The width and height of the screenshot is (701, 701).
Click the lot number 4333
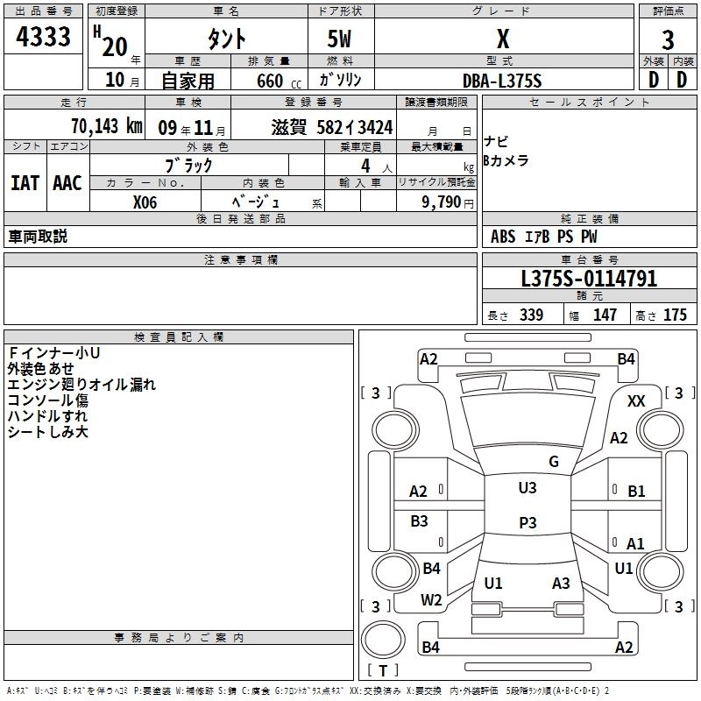(44, 37)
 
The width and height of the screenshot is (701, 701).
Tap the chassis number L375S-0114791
(589, 279)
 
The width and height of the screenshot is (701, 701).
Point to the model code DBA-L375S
(502, 81)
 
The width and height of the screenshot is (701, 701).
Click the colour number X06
(145, 202)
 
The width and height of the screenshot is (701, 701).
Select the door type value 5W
(341, 39)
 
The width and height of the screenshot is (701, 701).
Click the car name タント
(227, 39)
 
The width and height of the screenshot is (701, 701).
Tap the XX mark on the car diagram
(637, 400)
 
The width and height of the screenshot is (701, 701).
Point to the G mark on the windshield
(554, 462)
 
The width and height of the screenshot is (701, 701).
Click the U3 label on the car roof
(528, 488)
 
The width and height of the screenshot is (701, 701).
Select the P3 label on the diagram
(528, 523)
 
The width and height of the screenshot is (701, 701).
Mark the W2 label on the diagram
(431, 600)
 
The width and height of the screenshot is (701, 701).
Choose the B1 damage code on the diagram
(636, 492)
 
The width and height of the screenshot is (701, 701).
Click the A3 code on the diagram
(561, 584)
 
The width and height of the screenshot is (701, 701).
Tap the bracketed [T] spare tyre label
(383, 670)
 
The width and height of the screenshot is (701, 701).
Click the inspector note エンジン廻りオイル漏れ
(81, 385)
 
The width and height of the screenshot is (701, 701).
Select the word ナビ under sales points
(496, 142)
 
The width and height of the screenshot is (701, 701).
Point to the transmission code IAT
(25, 183)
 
